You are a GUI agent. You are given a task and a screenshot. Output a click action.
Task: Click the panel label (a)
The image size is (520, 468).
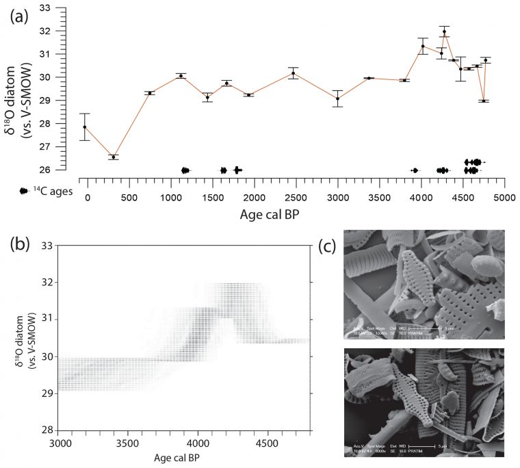pos(19,18)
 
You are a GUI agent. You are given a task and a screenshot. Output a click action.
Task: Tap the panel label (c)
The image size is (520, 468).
pos(329,244)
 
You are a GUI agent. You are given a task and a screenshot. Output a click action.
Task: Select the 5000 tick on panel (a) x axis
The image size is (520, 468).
pos(504,197)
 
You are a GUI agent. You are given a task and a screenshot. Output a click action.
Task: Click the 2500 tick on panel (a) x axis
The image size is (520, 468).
pos(296,197)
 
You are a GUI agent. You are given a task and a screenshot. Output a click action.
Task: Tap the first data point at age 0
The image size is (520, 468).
pos(85,127)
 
